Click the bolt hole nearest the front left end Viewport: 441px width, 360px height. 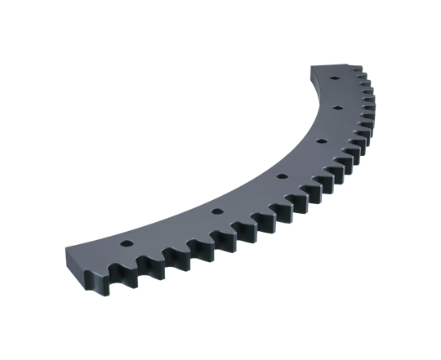(126, 244)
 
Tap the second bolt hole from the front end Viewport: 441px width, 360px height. (216, 211)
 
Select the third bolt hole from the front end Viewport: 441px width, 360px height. (280, 176)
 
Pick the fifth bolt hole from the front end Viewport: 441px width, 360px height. (335, 107)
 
